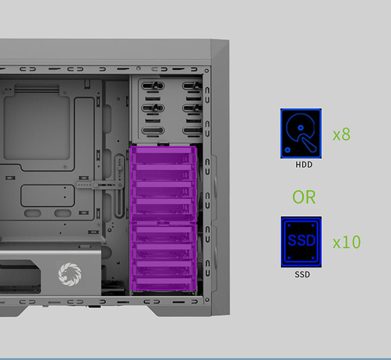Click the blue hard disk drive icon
[x=301, y=133]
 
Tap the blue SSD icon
[x=301, y=242]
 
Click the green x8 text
[x=342, y=134]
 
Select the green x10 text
[x=347, y=242]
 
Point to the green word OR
[x=304, y=197]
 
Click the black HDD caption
[x=304, y=165]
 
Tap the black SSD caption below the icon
[x=303, y=275]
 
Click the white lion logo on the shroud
[x=70, y=274]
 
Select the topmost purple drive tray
[x=163, y=156]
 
